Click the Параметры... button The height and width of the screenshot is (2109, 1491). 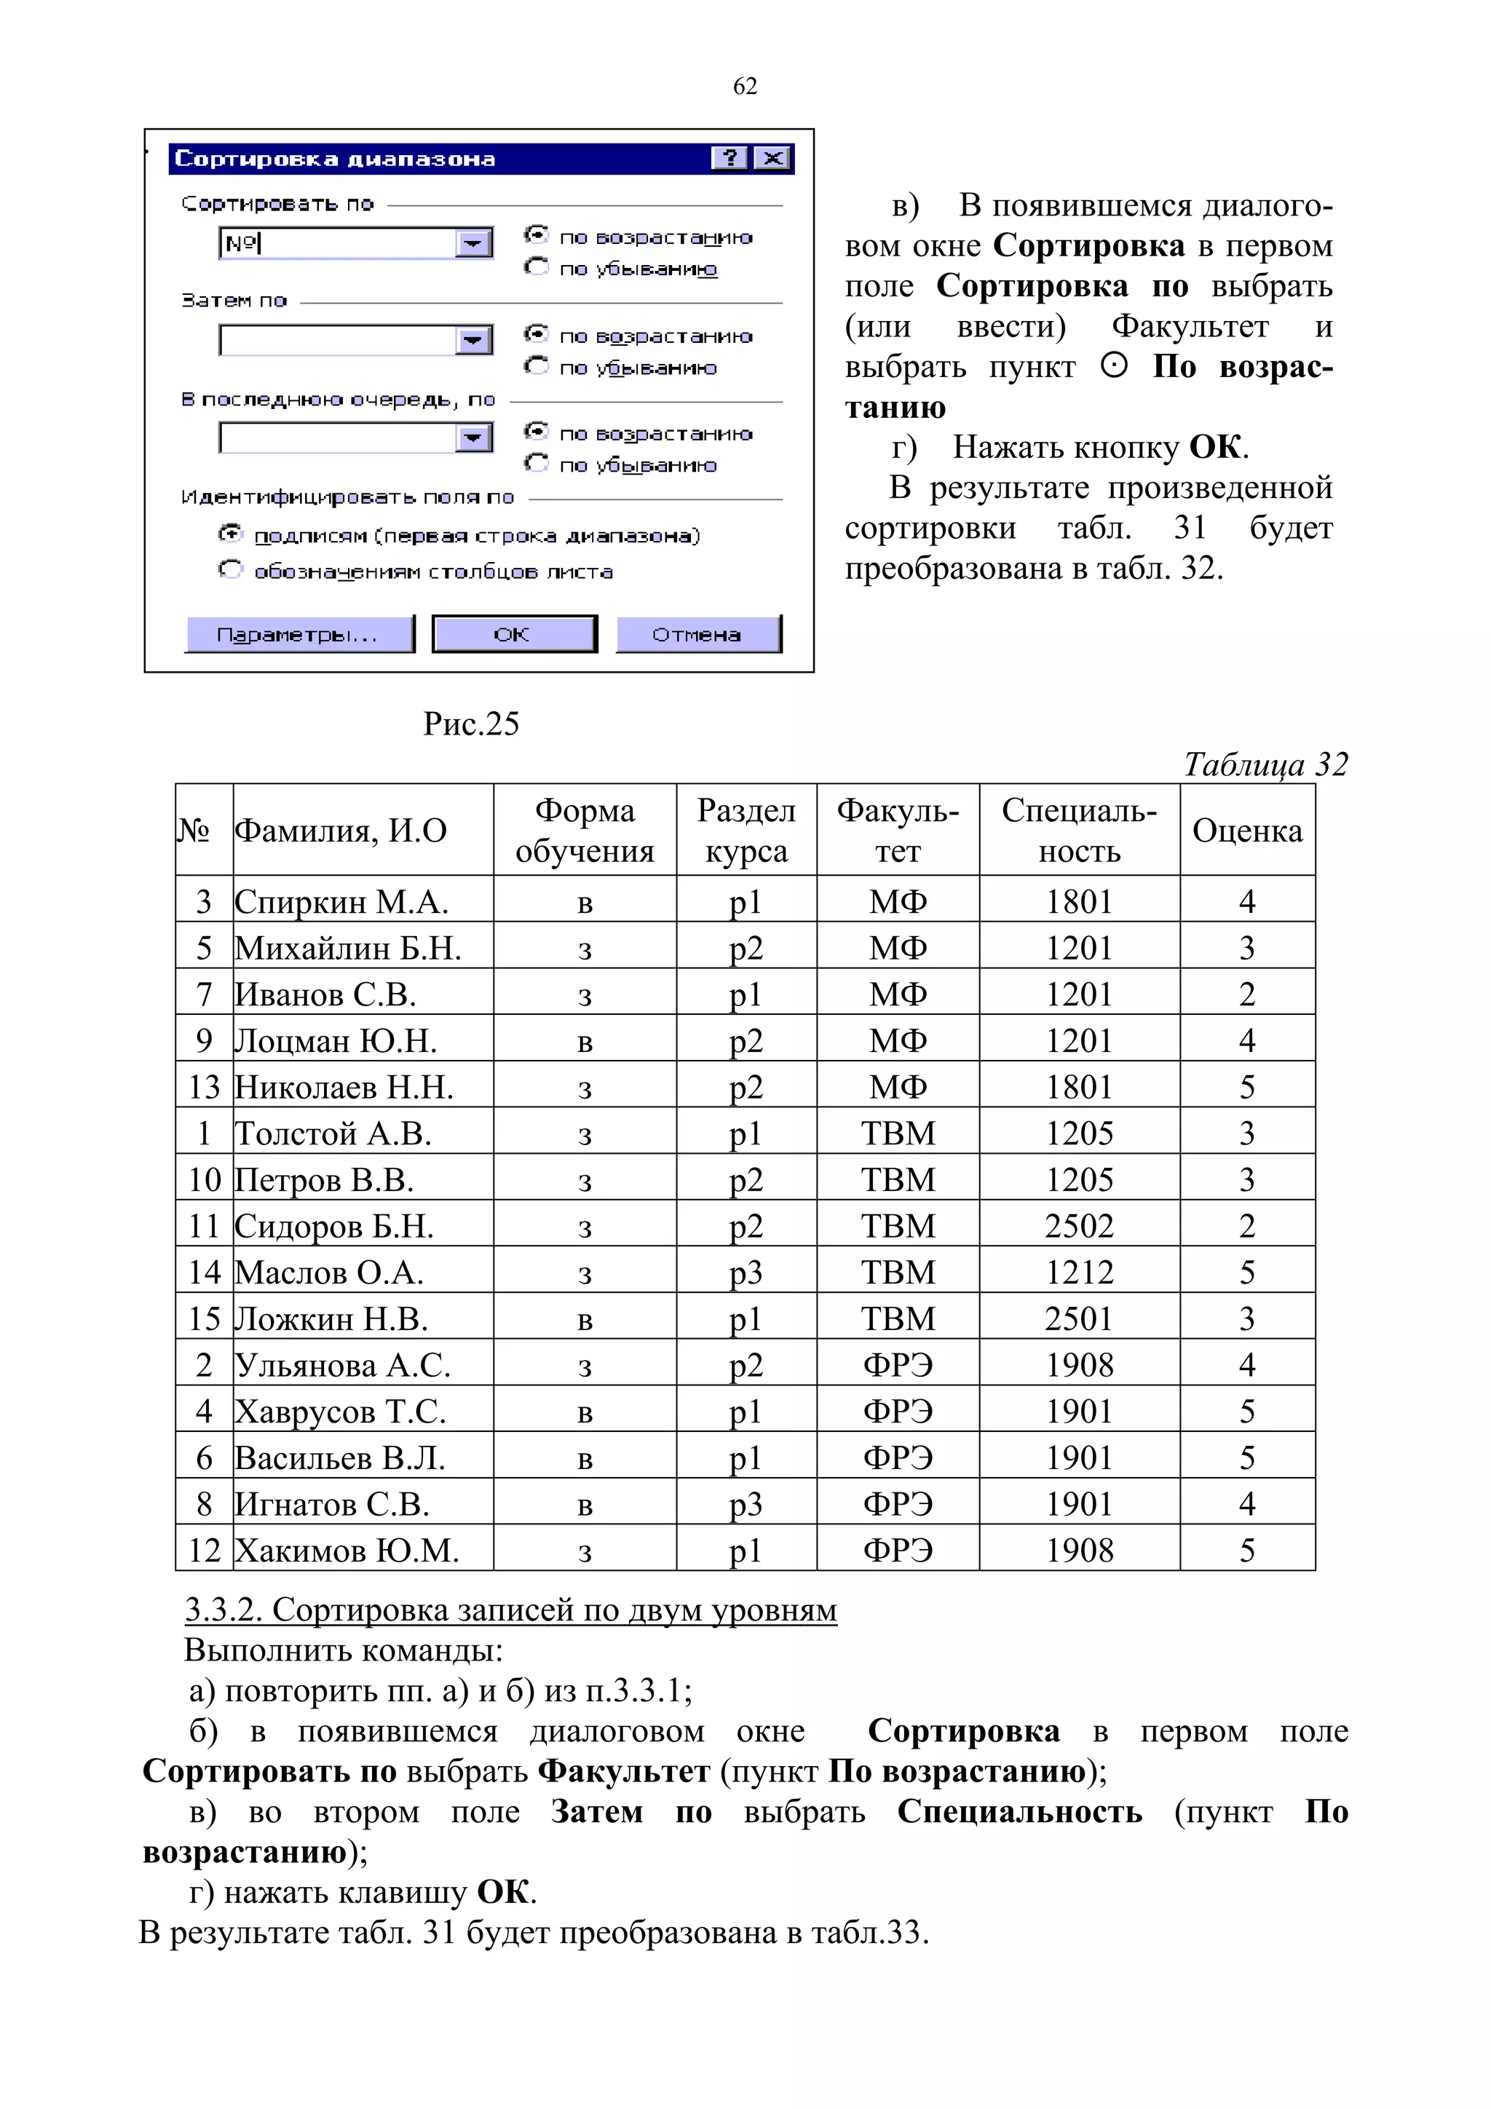click(298, 634)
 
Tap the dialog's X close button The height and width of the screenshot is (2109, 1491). click(772, 158)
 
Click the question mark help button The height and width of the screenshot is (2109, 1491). click(730, 158)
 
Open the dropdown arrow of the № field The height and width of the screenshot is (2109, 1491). click(473, 243)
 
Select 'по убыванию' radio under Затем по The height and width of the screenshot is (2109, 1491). click(537, 365)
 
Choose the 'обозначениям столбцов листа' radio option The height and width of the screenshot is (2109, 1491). click(229, 571)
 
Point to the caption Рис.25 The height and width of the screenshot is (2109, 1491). click(470, 724)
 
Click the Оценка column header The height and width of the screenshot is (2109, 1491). click(1246, 831)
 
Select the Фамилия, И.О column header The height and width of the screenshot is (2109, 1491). click(341, 831)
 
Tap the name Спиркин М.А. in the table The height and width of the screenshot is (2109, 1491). click(341, 901)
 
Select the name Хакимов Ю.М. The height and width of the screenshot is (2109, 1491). click(347, 1551)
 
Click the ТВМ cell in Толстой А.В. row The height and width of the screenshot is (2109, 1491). click(898, 1133)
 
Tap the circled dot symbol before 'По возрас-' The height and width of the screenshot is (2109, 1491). click(1113, 366)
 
